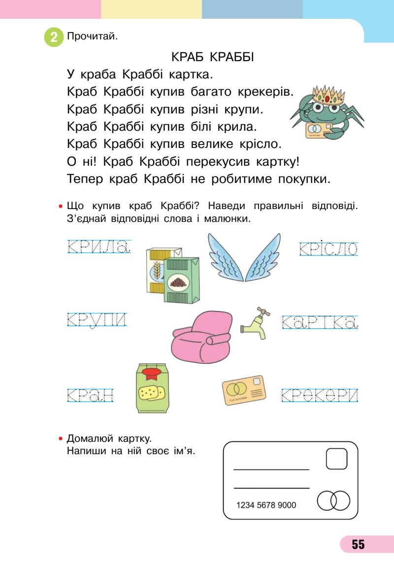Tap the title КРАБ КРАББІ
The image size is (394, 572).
(212, 58)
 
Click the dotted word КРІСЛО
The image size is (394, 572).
(328, 249)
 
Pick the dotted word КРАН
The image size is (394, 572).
(90, 394)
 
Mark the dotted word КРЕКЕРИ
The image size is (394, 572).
(320, 394)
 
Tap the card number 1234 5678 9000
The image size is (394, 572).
(266, 505)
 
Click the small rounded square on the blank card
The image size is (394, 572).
(337, 459)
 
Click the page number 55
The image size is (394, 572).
(358, 544)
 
